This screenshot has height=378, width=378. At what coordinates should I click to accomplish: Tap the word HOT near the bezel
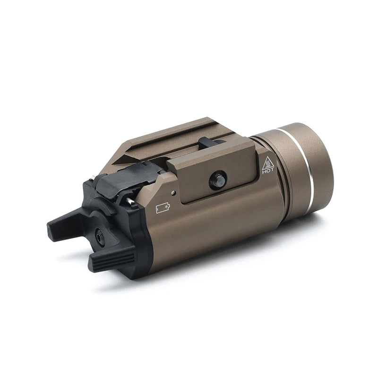point(268,172)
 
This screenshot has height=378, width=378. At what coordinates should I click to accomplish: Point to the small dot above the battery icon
point(174,193)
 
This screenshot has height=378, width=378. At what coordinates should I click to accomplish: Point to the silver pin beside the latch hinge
point(129,201)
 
